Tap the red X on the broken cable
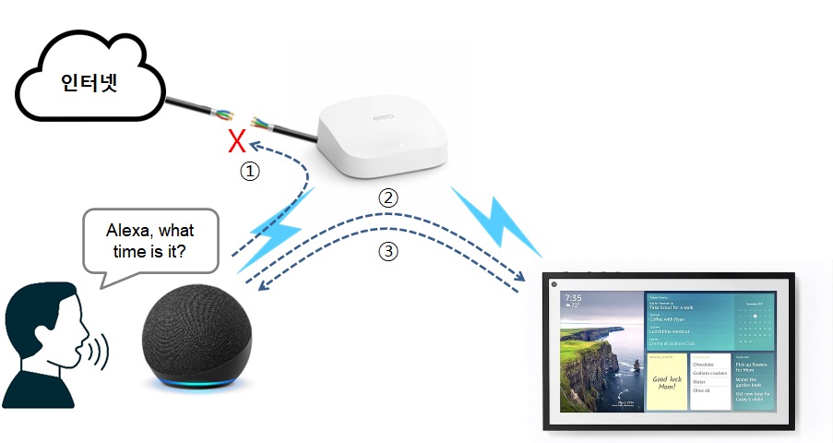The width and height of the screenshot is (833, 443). [x=237, y=142]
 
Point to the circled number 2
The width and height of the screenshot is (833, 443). [x=389, y=198]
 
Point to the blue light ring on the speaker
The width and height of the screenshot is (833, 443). [x=195, y=382]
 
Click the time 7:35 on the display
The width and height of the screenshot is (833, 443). [x=573, y=299]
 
